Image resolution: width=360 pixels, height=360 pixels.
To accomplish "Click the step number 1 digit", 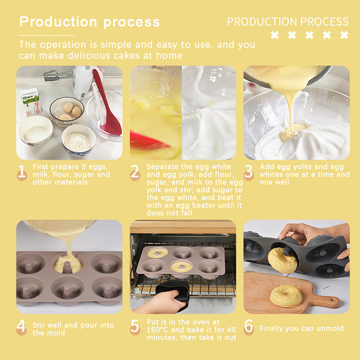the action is (22, 171).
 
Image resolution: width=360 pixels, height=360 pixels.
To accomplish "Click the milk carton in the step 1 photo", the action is (30, 102).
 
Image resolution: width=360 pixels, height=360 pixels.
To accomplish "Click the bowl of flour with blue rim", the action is (78, 140).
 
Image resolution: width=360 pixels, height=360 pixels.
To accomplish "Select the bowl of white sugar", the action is (36, 130).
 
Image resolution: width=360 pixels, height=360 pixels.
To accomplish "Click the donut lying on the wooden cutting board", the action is (286, 296).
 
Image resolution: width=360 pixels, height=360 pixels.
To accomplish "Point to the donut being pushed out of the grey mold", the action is (282, 261).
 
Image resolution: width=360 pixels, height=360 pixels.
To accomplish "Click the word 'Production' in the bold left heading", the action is (58, 22).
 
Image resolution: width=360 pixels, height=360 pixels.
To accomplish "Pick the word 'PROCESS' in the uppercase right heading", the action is (324, 22).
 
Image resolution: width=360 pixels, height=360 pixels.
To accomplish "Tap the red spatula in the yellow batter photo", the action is (148, 140).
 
